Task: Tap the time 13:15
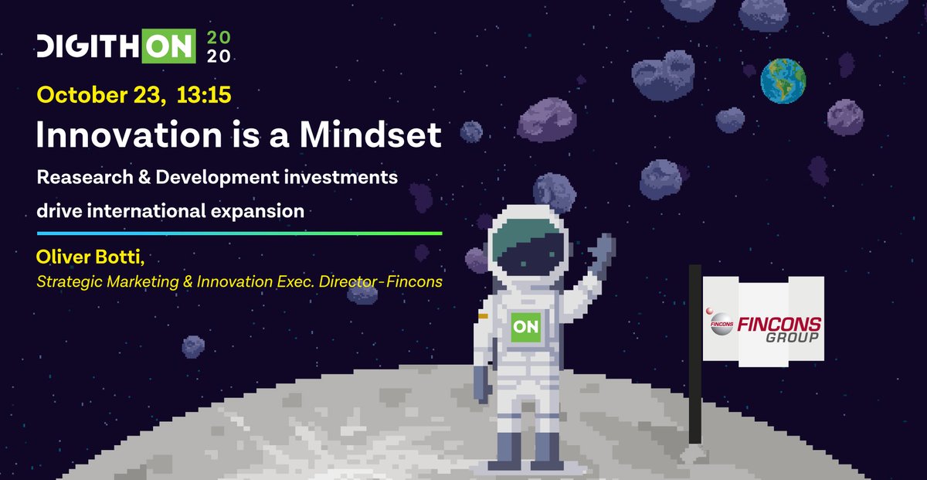pyautogui.click(x=204, y=96)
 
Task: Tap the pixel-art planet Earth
pyautogui.click(x=783, y=80)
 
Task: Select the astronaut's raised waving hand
pyautogui.click(x=600, y=254)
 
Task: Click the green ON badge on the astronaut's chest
pyautogui.click(x=526, y=327)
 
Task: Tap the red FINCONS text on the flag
pyautogui.click(x=780, y=324)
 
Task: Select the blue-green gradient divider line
pyautogui.click(x=239, y=233)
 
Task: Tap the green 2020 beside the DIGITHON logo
pyautogui.click(x=219, y=47)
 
